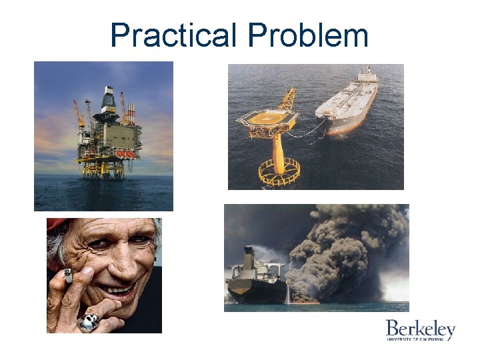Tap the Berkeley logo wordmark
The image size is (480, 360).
[420, 329]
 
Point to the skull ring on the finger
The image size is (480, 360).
[89, 323]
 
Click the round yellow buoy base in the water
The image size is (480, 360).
[279, 172]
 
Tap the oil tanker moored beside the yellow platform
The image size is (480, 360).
[347, 103]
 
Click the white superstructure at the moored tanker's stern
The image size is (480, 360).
[367, 76]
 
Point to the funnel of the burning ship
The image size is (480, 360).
[249, 257]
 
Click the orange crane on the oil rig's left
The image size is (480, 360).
[79, 113]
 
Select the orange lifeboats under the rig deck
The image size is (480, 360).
[120, 154]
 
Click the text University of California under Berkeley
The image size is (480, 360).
[420, 339]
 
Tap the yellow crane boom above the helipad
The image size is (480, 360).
[288, 99]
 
